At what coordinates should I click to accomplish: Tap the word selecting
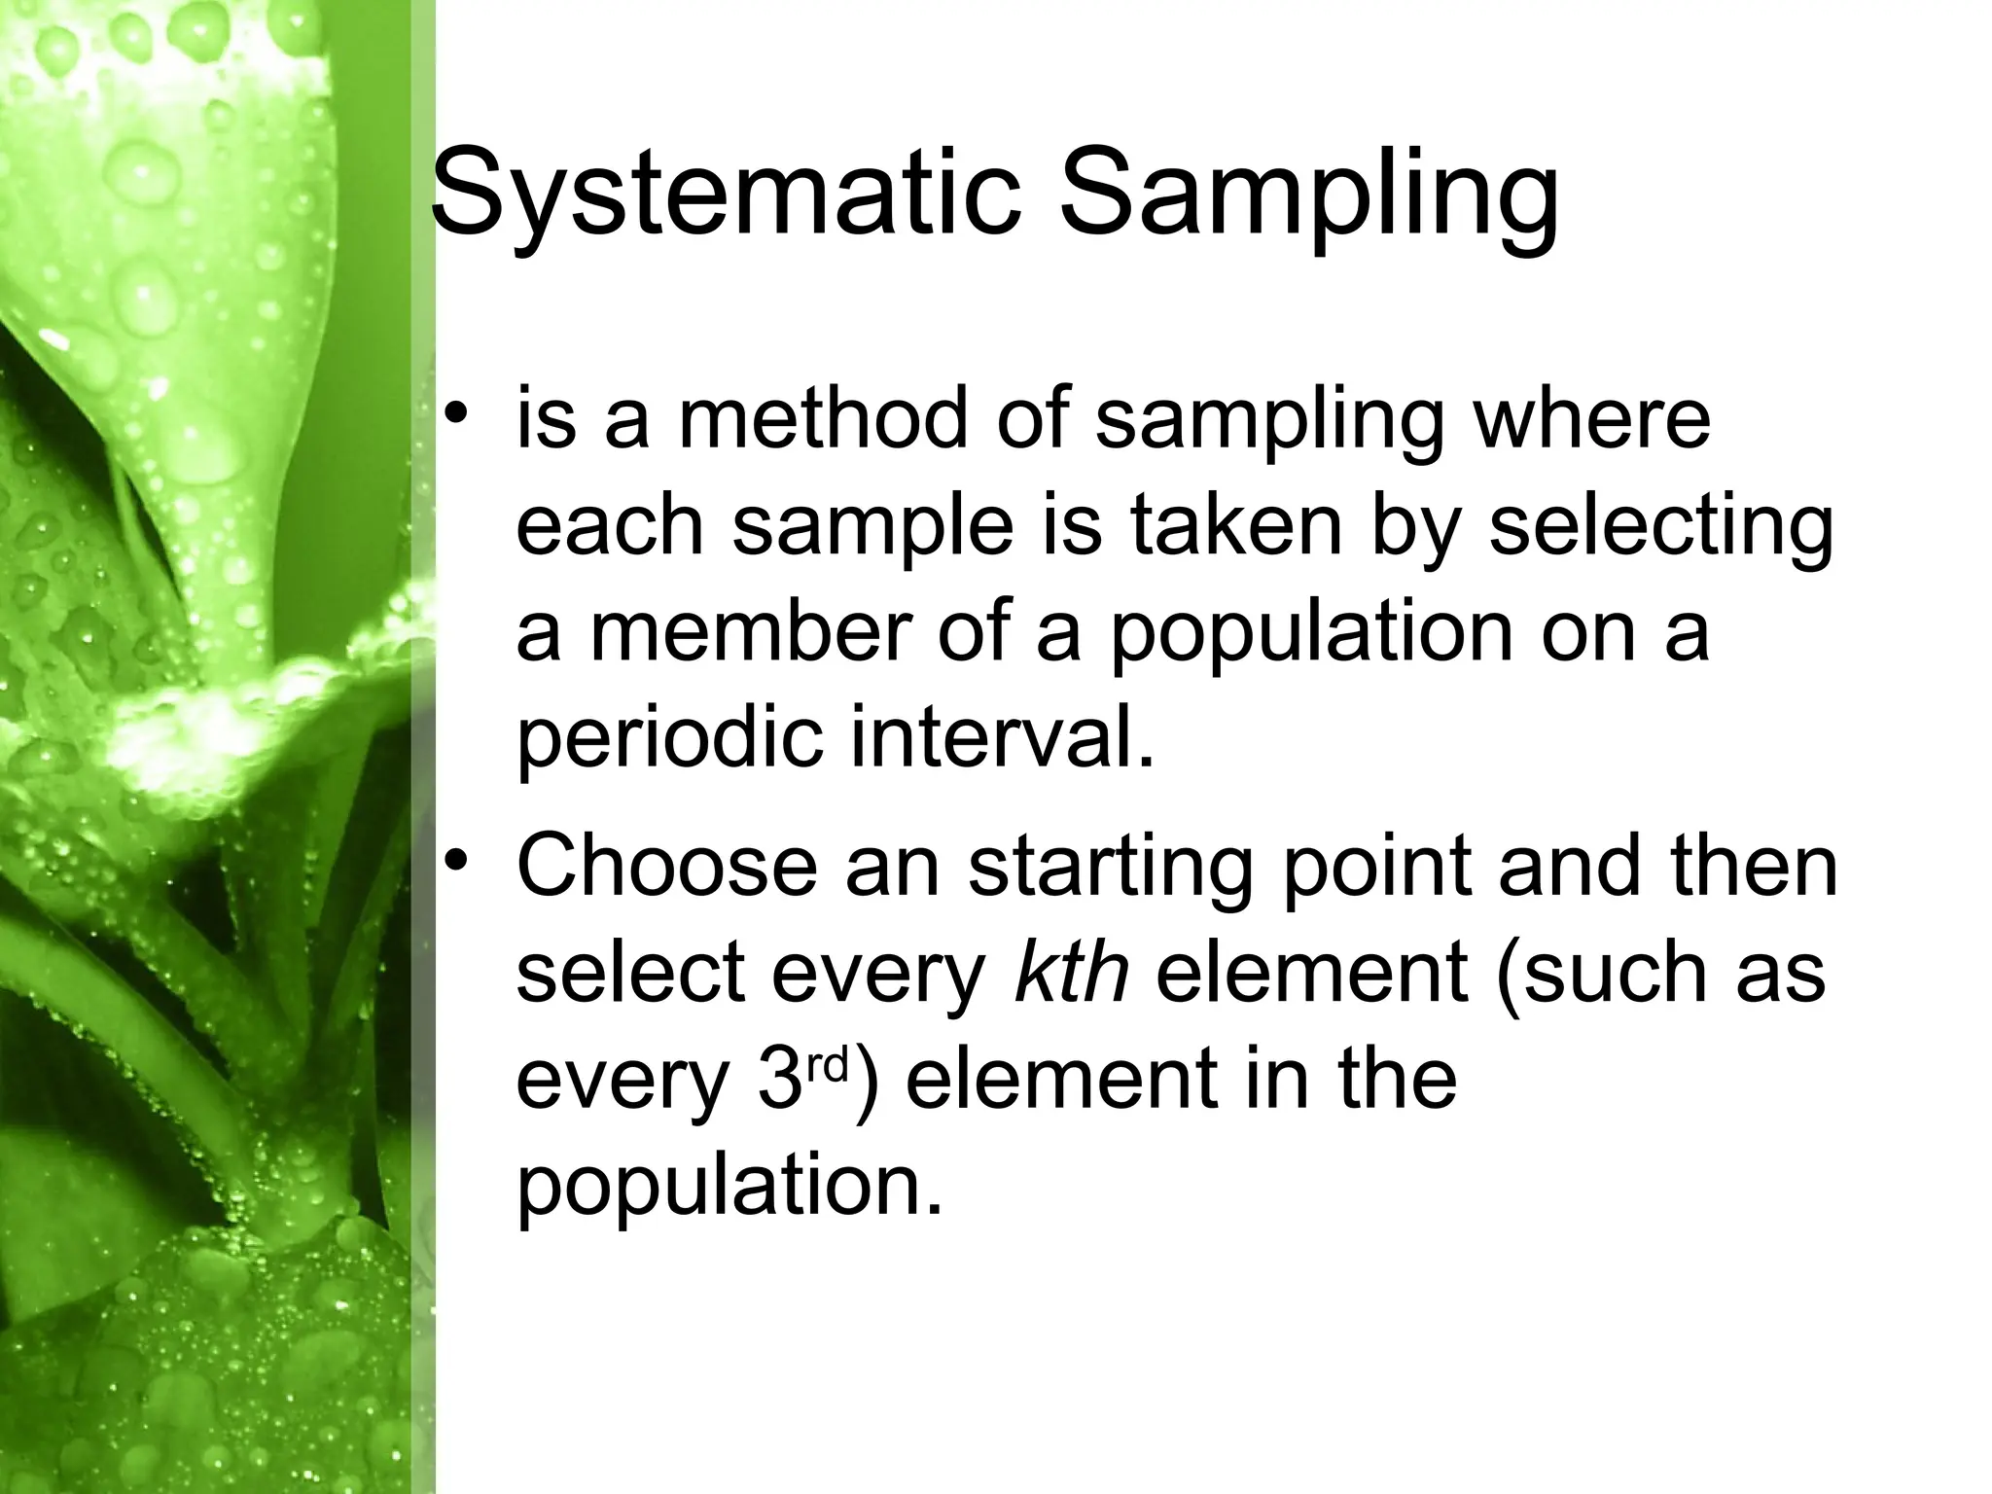(x=1659, y=526)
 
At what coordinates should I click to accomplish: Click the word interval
(x=1002, y=739)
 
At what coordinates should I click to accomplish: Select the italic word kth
(x=1071, y=972)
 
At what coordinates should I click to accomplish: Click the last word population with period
(x=729, y=1186)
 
